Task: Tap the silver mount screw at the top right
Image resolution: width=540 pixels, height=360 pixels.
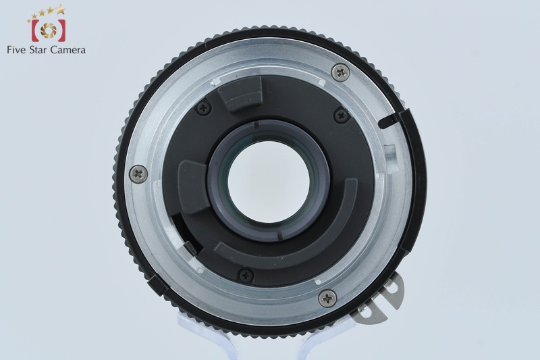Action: point(340,72)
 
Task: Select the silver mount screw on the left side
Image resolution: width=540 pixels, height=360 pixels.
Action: point(138,174)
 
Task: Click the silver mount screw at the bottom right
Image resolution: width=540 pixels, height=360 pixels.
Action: point(327,298)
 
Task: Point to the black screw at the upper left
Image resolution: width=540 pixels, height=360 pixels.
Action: point(203,108)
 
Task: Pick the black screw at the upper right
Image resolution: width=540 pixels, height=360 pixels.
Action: point(342,115)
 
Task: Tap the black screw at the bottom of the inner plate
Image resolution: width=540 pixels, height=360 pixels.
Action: point(246,275)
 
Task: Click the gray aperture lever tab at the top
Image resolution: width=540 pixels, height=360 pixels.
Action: point(240,93)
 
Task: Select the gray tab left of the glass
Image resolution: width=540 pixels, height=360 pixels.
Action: point(193,187)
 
